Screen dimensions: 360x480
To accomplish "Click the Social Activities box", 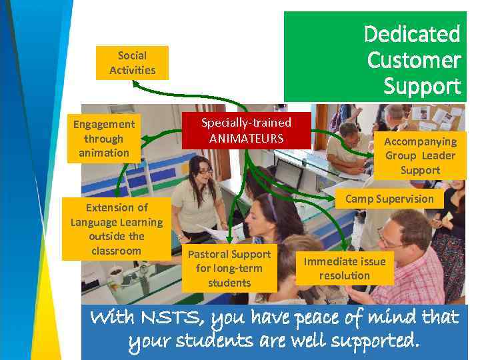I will [132, 63].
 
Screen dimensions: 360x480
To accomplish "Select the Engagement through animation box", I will [104, 139].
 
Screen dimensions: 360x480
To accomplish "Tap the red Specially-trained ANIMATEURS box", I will [246, 131].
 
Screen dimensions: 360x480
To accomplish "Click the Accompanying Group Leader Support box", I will [420, 155].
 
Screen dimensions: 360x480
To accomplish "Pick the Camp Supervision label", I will [389, 199].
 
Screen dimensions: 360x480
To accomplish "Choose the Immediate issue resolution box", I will [344, 268].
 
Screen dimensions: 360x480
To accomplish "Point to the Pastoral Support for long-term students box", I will [229, 268].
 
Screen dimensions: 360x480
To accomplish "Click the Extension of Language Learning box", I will [117, 229].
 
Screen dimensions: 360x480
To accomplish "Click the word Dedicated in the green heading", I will [412, 33].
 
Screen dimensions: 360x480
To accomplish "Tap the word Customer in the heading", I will [413, 60].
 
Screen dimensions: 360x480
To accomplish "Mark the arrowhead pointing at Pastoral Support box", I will [229, 238].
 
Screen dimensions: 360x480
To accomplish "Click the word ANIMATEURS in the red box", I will [246, 139].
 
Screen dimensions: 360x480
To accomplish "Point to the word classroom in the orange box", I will [117, 251].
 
